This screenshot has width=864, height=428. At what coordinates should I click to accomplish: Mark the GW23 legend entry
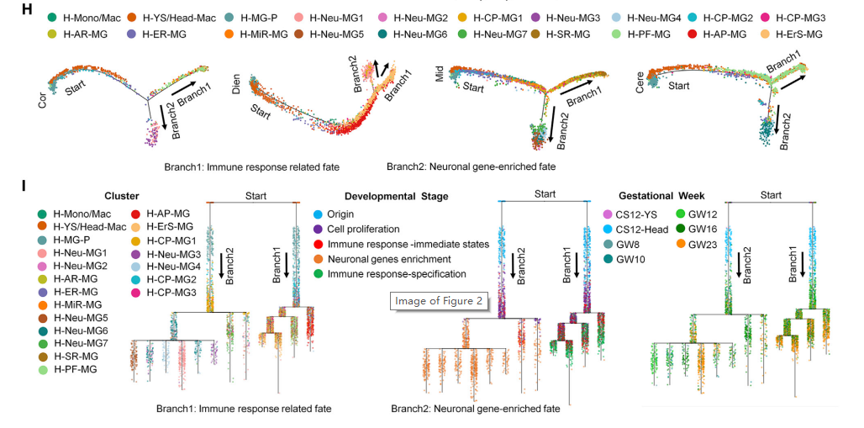coord(706,244)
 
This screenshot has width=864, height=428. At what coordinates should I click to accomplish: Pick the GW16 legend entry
coord(706,229)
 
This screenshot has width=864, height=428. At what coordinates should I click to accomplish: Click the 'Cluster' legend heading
coord(122,197)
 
